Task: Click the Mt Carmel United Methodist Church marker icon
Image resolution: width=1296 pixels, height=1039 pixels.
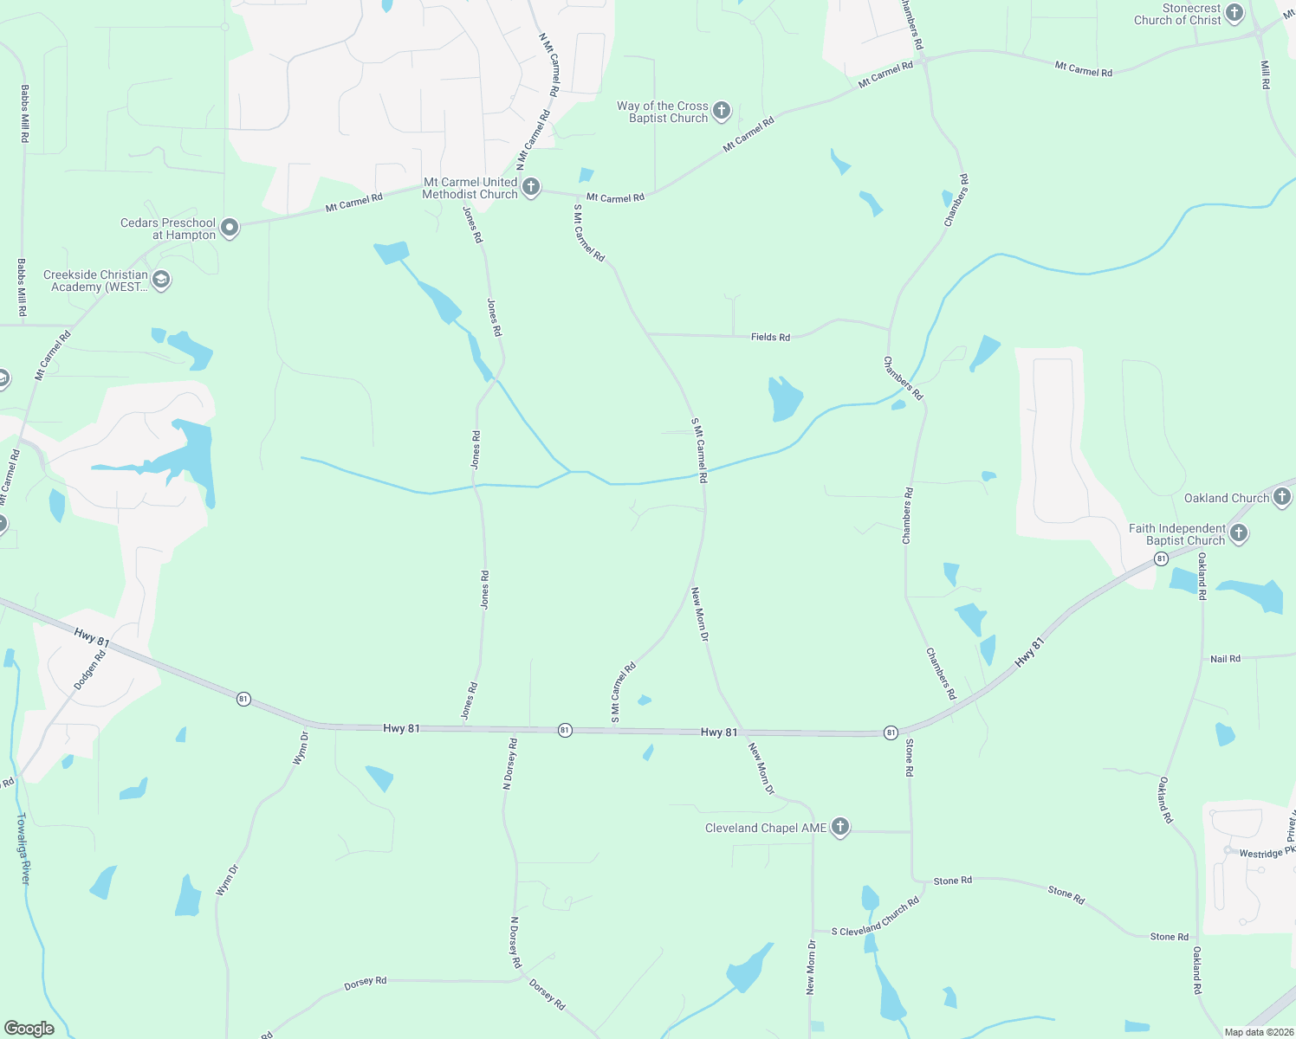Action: pos(531,187)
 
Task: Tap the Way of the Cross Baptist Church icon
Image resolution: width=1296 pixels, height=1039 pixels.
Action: pos(722,111)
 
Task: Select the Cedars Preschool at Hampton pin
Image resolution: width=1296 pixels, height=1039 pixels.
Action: pos(230,228)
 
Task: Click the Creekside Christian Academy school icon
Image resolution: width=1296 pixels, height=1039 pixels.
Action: pos(161,280)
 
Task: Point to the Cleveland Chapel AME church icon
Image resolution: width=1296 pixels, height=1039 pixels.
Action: pos(839,827)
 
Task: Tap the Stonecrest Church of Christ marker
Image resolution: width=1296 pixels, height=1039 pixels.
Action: pos(1234,13)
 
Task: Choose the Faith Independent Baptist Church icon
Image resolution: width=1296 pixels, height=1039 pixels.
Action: pos(1239,533)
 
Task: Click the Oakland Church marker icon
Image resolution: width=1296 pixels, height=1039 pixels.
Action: pos(1282,497)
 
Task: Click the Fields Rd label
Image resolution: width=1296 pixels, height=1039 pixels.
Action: pos(770,337)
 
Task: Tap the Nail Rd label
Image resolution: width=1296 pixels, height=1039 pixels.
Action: pos(1225,659)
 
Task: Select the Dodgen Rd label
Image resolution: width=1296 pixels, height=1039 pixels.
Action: pos(90,669)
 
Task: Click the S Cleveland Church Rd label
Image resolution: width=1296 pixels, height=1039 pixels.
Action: pos(875,918)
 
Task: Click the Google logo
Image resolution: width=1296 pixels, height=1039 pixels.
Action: pos(29,1029)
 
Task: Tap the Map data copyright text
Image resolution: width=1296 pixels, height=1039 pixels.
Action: pos(1257,1032)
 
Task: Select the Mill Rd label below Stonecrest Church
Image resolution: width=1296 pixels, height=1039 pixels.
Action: pos(1266,75)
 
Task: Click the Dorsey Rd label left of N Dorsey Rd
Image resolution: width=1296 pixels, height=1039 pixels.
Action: pos(366,983)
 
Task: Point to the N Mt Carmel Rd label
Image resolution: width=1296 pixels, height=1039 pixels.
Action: pos(549,64)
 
